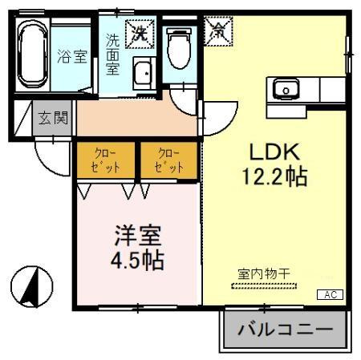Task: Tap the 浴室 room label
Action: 73,57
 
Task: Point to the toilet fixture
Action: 178,49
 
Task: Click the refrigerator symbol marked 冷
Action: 218,32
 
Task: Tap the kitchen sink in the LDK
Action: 286,87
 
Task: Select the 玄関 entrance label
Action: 53,118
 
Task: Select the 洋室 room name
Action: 136,237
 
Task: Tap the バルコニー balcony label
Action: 285,330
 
